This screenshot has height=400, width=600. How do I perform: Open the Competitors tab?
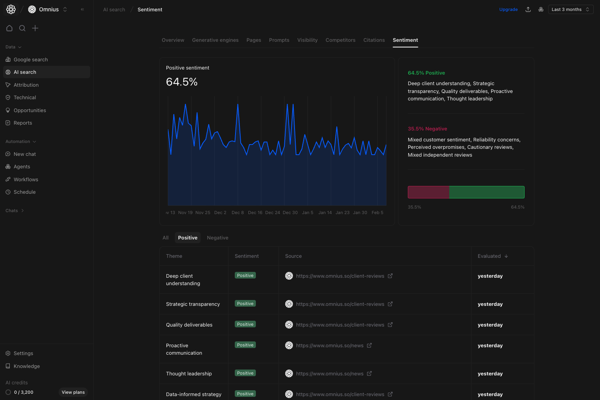pos(340,40)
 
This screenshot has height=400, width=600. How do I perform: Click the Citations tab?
pos(374,40)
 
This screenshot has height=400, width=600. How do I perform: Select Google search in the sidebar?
pos(30,60)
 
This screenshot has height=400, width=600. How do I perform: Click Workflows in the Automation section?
pos(26,180)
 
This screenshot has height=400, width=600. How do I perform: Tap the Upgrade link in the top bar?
pos(508,10)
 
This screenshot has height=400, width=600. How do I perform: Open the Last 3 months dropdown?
pos(570,10)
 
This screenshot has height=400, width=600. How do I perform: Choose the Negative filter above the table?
pos(218,238)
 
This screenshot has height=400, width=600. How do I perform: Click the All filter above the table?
pos(166,238)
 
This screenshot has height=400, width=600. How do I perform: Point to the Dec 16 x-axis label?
pos(255,213)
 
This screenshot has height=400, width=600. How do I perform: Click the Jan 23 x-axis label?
pos(343,213)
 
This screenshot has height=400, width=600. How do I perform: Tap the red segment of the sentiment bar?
pos(428,192)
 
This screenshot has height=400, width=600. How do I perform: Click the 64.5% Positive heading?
pos(426,73)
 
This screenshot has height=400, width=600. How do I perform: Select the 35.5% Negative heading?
pos(427,129)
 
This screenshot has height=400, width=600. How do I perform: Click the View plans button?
pos(73,392)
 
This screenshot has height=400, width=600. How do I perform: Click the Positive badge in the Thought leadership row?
pos(245,373)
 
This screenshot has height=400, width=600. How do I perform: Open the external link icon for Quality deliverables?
pos(390,325)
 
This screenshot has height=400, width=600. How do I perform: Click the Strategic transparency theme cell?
pos(193,304)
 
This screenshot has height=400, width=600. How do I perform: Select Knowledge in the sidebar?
pos(27,366)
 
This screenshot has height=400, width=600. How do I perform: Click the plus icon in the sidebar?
pos(35,28)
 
